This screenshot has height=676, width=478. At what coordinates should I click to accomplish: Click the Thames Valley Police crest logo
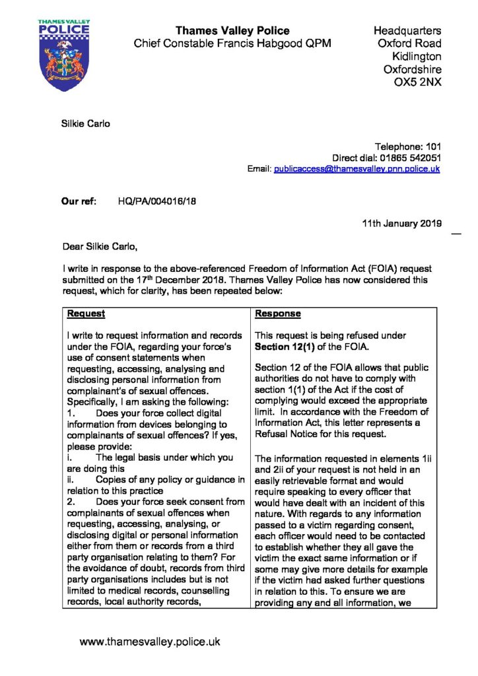coord(63,57)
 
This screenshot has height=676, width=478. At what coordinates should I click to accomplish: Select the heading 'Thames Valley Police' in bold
coord(232,30)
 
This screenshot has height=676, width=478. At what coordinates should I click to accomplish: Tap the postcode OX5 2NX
coord(418,83)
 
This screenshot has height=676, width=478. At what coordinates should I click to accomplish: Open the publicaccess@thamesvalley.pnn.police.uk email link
coord(357,169)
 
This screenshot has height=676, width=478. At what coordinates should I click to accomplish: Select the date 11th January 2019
coord(402,224)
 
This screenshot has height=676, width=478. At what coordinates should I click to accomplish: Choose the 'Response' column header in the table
coord(278,314)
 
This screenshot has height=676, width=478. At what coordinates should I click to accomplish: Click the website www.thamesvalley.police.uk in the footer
coord(150,641)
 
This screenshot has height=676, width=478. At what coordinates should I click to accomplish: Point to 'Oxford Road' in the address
coord(411,44)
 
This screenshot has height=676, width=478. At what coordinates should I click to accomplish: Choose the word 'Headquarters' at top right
coord(407,30)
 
